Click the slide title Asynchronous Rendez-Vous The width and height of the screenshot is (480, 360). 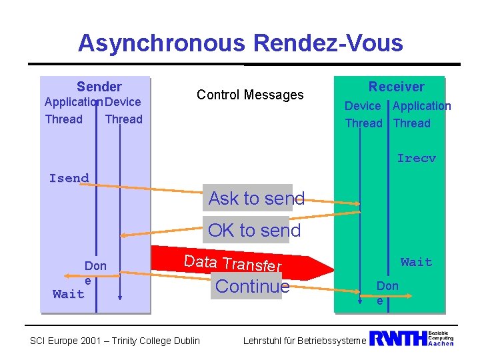[240, 43]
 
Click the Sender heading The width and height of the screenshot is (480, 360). [99, 87]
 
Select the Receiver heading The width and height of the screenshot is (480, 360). [396, 87]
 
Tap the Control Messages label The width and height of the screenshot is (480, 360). [250, 95]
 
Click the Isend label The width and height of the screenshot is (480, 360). [69, 178]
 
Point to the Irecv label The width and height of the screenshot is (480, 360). [416, 159]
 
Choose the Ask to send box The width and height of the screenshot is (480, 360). [256, 198]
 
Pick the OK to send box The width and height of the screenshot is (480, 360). [254, 231]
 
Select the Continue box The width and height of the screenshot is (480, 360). [253, 287]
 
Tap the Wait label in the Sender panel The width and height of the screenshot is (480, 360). [69, 294]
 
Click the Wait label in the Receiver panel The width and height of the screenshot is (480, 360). [416, 262]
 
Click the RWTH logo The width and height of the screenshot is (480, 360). [398, 339]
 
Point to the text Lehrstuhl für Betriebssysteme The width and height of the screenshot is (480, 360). [304, 341]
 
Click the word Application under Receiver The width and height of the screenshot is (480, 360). [421, 106]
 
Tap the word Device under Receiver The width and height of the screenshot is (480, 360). [363, 106]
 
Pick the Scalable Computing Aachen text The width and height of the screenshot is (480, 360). [440, 339]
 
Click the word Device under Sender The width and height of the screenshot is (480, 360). [123, 102]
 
